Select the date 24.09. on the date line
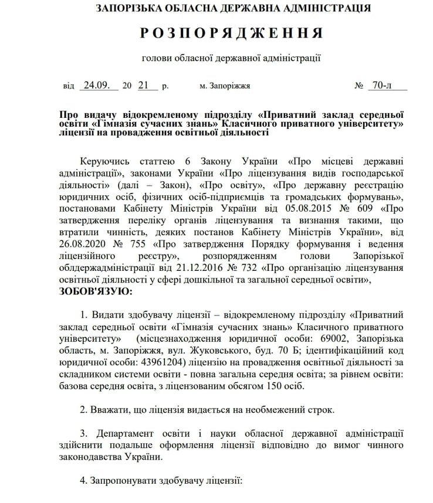[97, 85]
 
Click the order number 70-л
[383, 85]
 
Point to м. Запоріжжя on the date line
[225, 86]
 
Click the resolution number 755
[137, 244]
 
